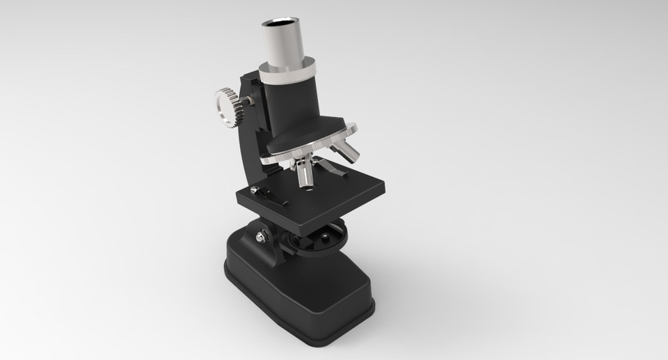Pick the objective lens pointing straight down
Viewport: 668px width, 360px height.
305,175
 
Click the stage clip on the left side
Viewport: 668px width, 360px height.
271,196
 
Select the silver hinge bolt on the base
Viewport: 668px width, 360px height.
261,237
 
